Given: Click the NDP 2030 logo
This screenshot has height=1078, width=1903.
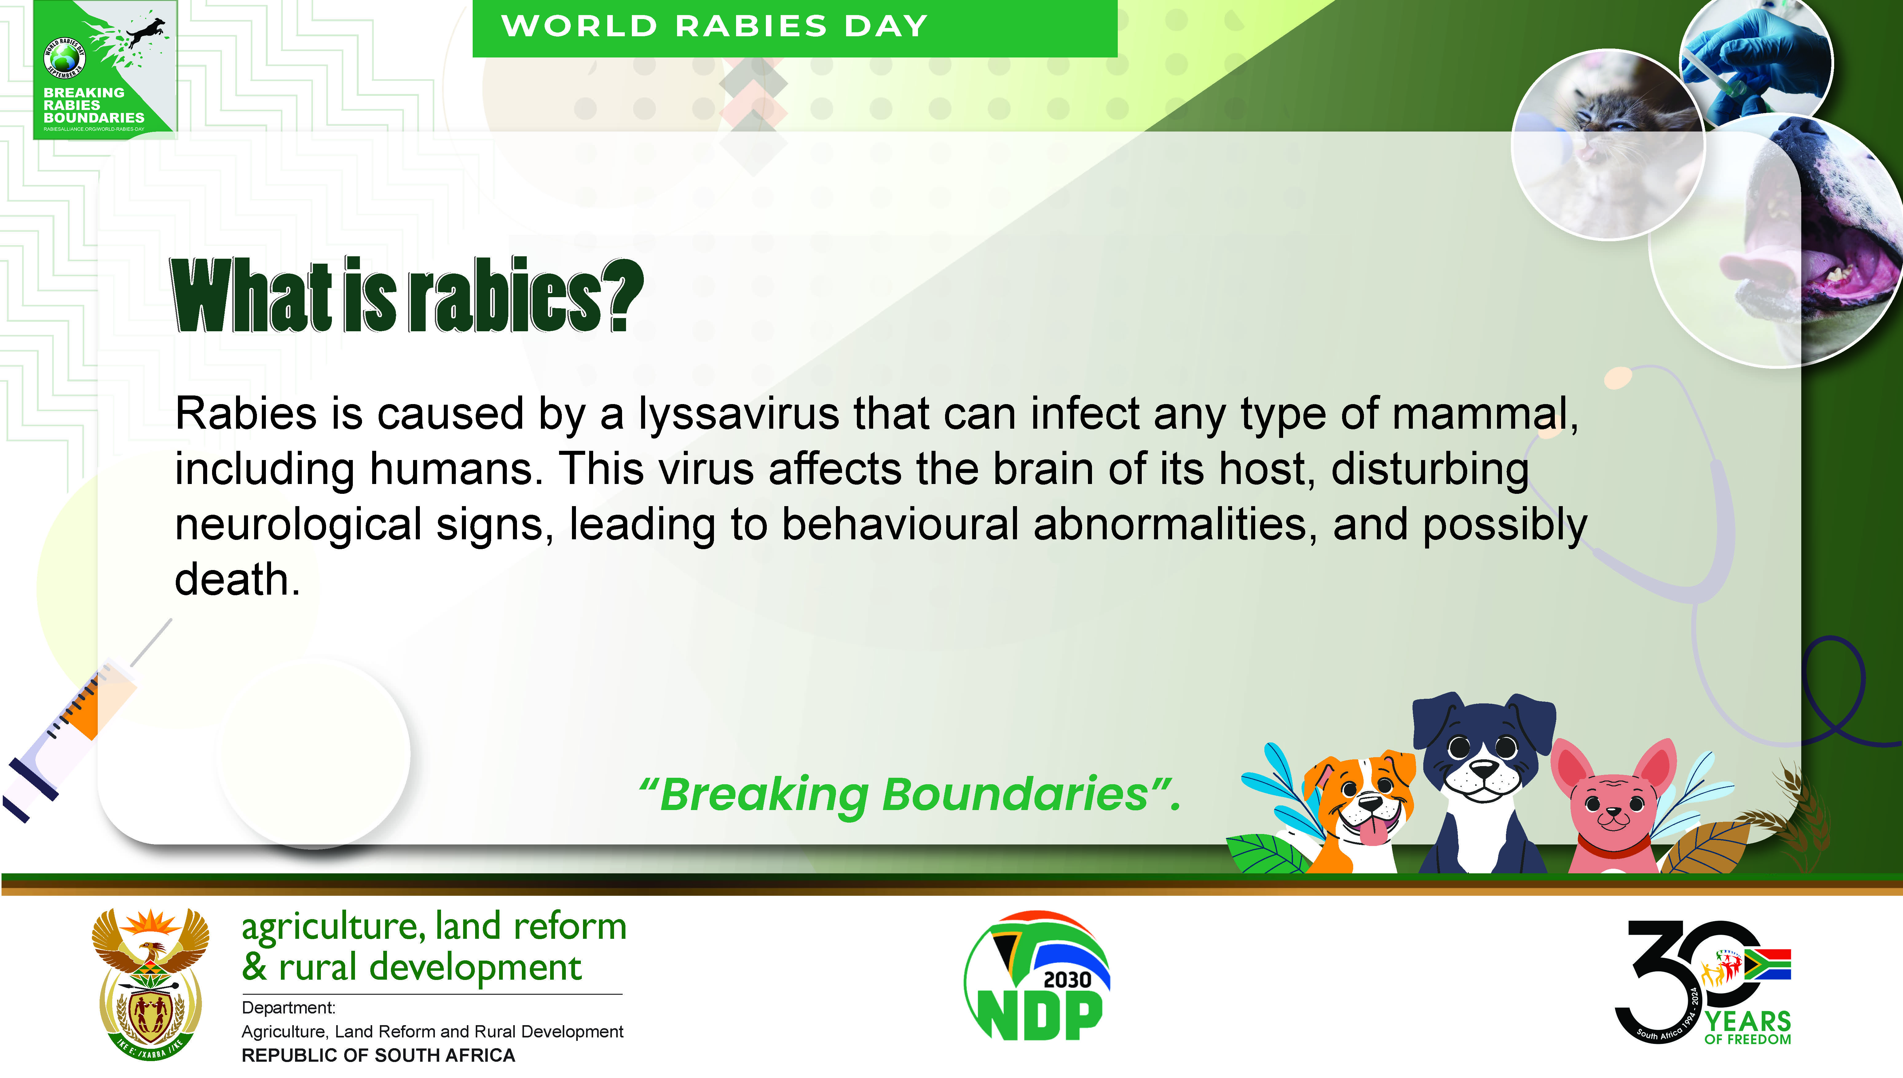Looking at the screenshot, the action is tap(1037, 976).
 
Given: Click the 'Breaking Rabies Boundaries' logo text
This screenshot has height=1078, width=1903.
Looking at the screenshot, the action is tap(94, 105).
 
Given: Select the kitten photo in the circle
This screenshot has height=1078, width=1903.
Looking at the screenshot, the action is tap(1608, 144).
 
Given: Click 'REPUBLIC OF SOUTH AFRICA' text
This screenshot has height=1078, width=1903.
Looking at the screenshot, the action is tap(378, 1055).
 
